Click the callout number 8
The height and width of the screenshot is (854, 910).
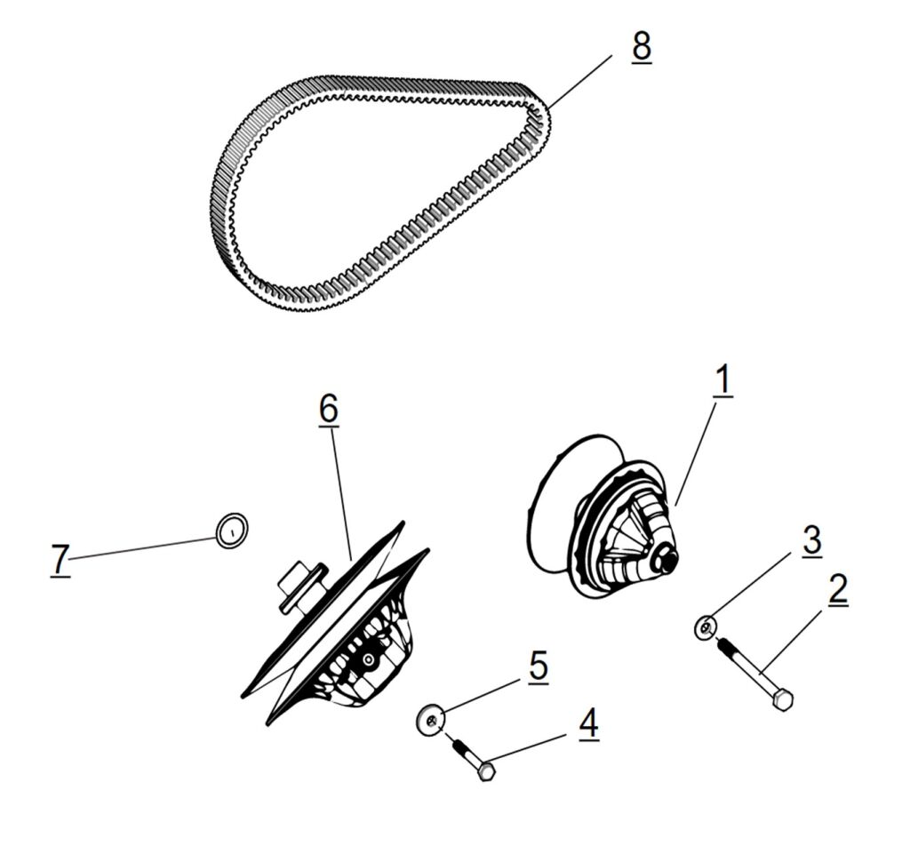pyautogui.click(x=641, y=46)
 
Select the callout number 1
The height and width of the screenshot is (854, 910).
pyautogui.click(x=722, y=379)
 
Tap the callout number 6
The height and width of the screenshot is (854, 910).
pyautogui.click(x=329, y=409)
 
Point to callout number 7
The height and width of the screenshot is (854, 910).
pyautogui.click(x=60, y=560)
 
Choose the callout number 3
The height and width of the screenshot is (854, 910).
pyautogui.click(x=810, y=540)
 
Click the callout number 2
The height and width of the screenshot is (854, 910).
pyautogui.click(x=837, y=590)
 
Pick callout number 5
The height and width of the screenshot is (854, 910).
pyautogui.click(x=538, y=667)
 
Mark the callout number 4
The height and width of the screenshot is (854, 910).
pyautogui.click(x=588, y=724)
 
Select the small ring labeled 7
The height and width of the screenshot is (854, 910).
pyautogui.click(x=232, y=530)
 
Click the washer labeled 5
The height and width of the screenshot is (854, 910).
pyautogui.click(x=431, y=719)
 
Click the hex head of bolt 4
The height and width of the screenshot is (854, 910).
pyautogui.click(x=486, y=771)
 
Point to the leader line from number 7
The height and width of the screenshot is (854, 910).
pyautogui.click(x=142, y=548)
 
